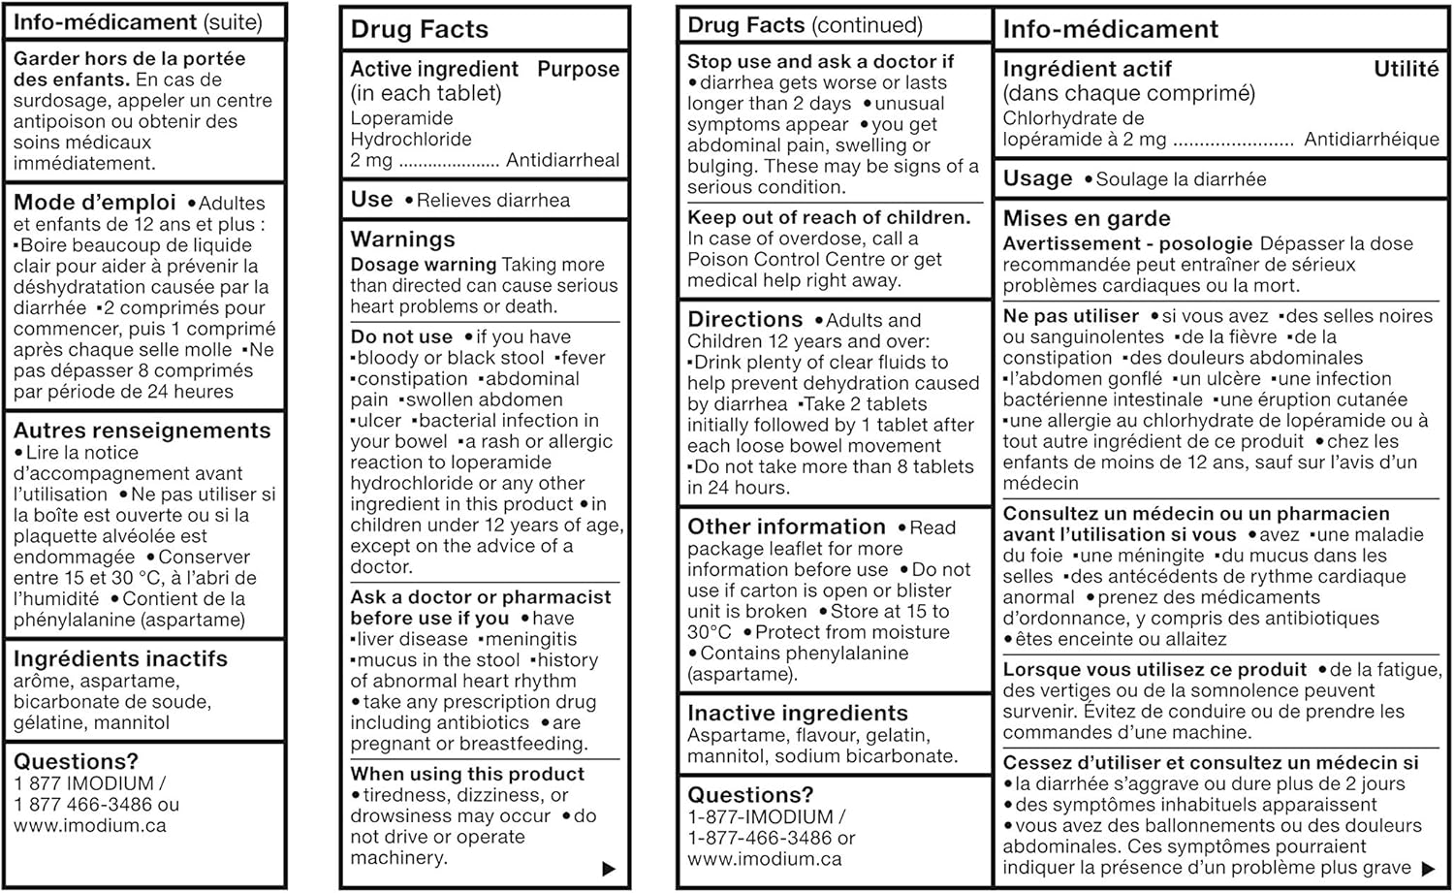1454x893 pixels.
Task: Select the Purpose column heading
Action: (x=578, y=69)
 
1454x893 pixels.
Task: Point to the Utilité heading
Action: (x=1406, y=69)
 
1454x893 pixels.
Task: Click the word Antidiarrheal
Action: (x=562, y=160)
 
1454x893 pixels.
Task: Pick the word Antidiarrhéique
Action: (x=1371, y=140)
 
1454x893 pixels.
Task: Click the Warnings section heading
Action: (x=402, y=239)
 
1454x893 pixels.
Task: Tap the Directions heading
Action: (x=745, y=319)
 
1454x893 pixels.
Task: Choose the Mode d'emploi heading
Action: (x=95, y=202)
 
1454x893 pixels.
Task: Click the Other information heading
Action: (x=786, y=526)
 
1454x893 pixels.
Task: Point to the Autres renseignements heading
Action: (x=142, y=431)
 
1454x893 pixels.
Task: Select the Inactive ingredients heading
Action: (x=798, y=713)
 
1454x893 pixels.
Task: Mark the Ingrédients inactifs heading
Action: (x=120, y=659)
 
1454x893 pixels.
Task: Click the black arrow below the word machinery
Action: (x=609, y=869)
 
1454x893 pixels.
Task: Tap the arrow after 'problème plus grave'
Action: (x=1428, y=869)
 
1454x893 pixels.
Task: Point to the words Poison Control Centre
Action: (x=752, y=259)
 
